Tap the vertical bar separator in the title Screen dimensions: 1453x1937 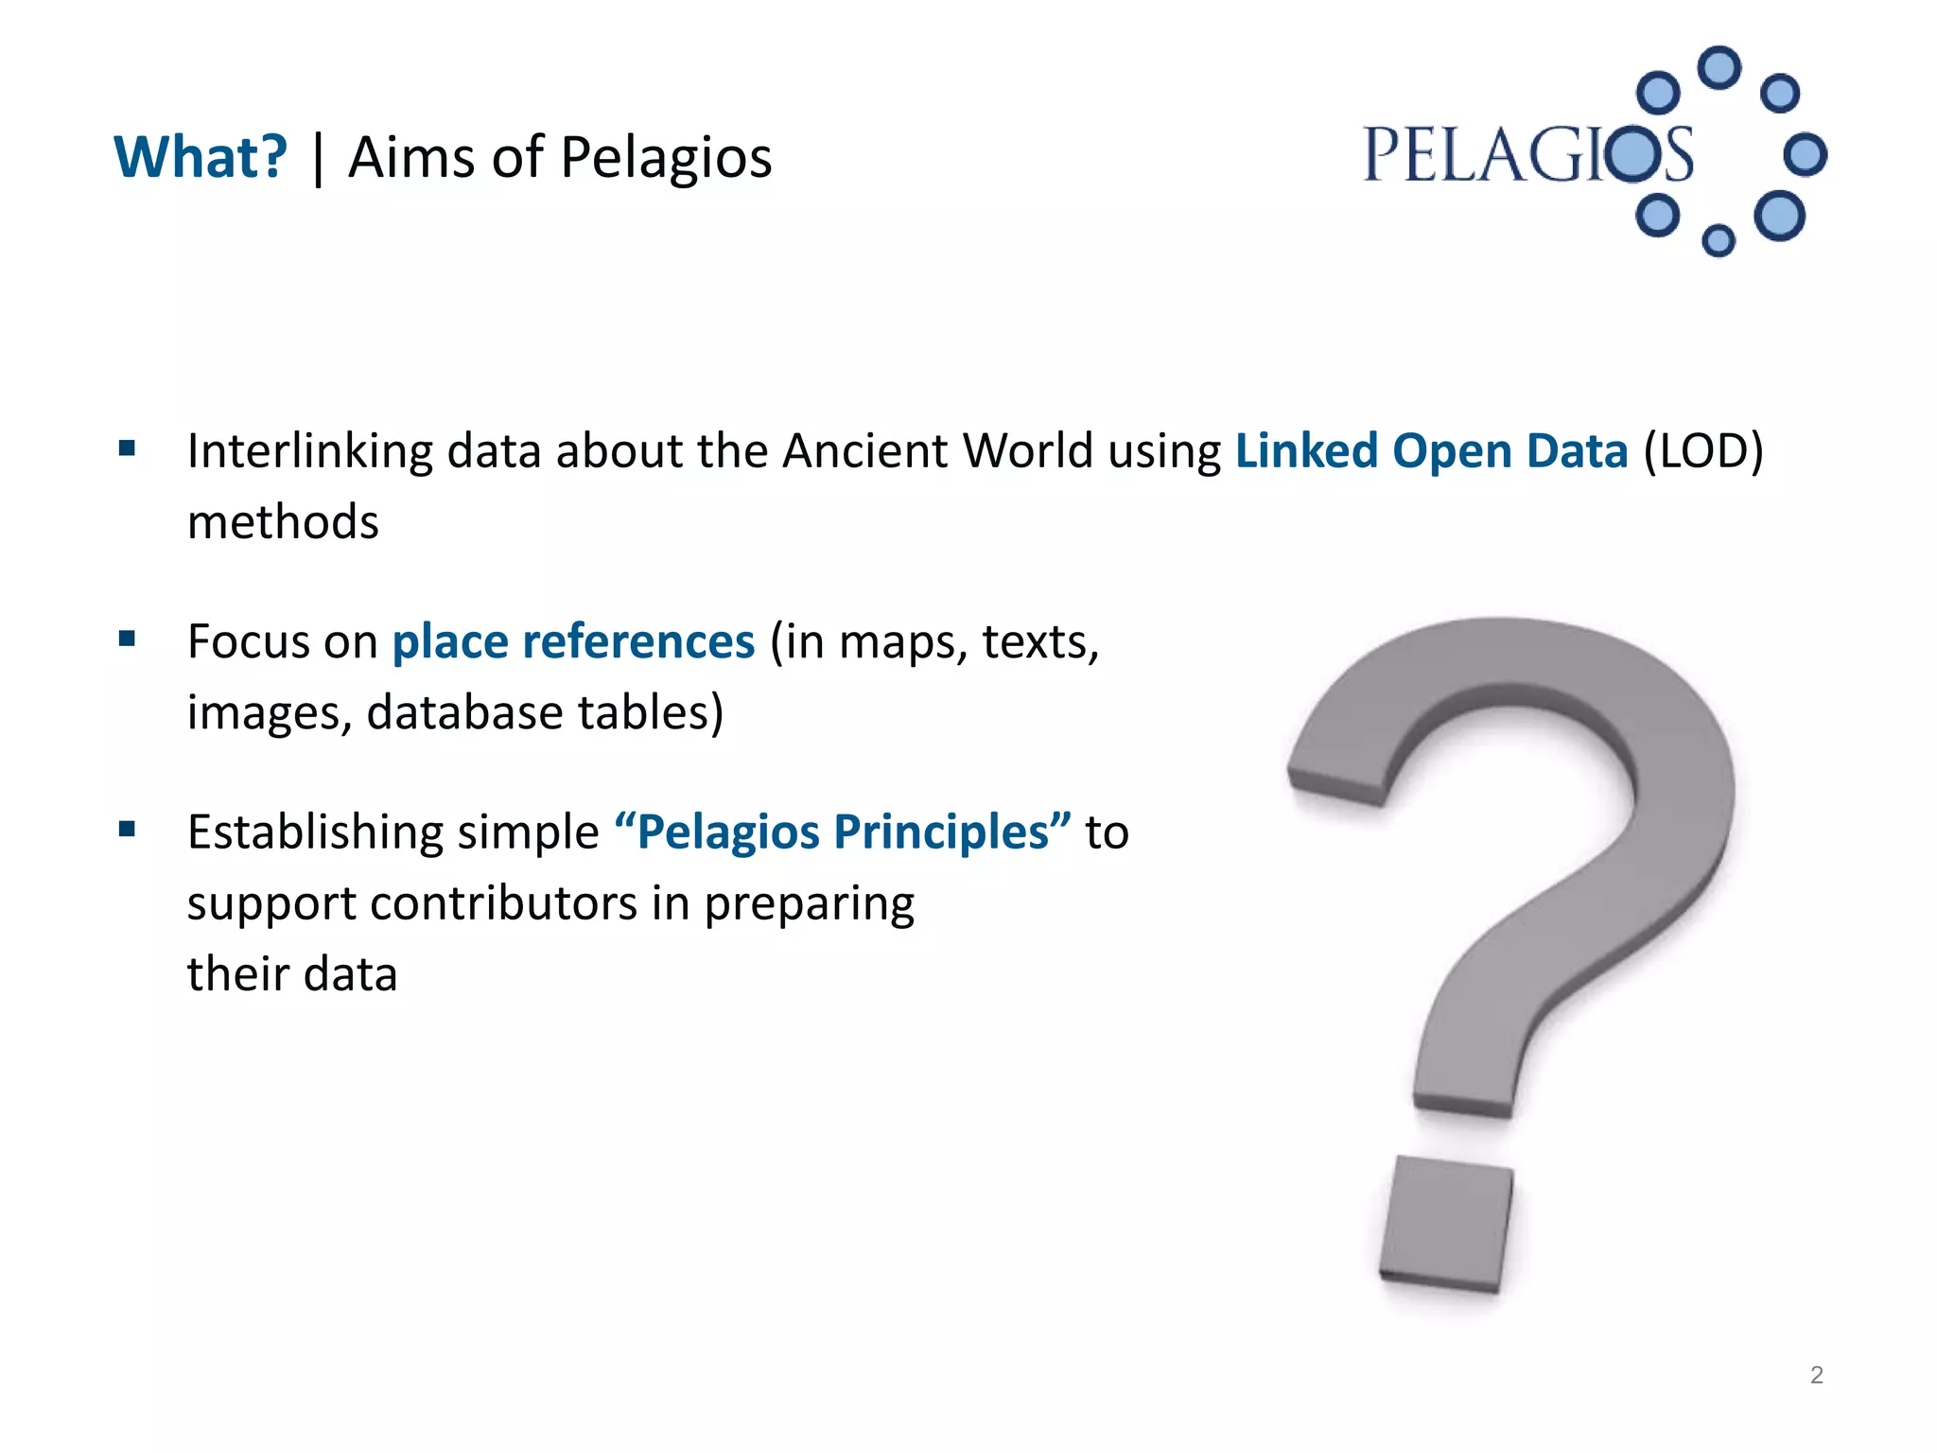tap(318, 159)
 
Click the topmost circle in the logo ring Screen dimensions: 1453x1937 tap(1719, 68)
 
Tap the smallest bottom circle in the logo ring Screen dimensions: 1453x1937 tap(1718, 240)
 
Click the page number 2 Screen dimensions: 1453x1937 tap(1816, 1374)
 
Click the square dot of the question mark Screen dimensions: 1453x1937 tap(1445, 1224)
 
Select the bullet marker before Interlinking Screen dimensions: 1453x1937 tap(127, 448)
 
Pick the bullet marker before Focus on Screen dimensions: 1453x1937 tap(127, 639)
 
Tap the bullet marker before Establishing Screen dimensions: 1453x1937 tap(127, 830)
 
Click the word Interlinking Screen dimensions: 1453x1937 tap(309, 451)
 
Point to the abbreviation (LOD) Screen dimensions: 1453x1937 tap(1703, 451)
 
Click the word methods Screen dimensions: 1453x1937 tap(283, 522)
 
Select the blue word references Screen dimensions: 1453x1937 tap(638, 642)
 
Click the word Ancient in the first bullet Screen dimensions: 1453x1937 tap(864, 451)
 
